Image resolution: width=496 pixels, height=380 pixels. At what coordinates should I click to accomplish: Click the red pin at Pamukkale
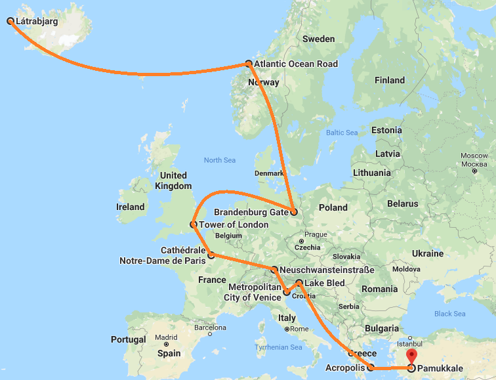(411, 357)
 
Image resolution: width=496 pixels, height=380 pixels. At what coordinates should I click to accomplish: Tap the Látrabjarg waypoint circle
(10, 21)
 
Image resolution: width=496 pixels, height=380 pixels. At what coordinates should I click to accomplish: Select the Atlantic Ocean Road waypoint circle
(249, 64)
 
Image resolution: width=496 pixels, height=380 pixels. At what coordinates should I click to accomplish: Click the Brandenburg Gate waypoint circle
(294, 212)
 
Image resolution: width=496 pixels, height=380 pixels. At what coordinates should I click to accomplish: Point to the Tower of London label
(234, 225)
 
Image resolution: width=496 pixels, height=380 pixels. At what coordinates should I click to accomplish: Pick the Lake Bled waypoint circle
(299, 284)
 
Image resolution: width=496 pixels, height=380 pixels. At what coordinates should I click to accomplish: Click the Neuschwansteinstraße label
(327, 270)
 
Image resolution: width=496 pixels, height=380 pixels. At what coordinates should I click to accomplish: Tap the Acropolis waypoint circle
(371, 368)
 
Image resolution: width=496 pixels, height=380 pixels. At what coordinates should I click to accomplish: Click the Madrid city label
(167, 337)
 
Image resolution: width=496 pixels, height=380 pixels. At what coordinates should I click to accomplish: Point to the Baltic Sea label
(342, 133)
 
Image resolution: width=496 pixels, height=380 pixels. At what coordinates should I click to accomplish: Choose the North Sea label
(219, 160)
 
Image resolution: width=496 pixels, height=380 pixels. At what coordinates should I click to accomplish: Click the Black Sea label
(450, 314)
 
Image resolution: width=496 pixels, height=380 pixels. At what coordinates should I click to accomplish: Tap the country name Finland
(389, 81)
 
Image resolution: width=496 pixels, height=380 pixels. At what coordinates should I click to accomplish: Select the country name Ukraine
(427, 253)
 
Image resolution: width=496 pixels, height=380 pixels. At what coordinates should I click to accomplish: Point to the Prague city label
(316, 234)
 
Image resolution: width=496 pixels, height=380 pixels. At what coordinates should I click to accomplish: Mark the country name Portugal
(129, 340)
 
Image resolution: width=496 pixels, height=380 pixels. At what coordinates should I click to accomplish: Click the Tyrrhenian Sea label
(279, 347)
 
